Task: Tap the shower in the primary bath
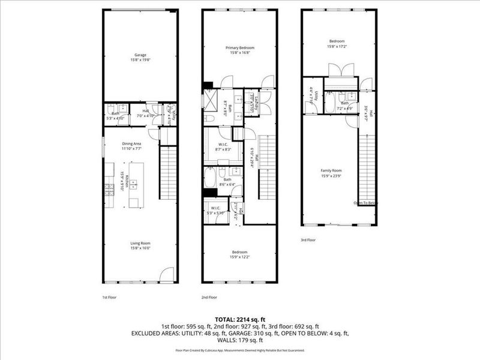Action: (x=211, y=99)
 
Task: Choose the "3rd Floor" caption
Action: (x=308, y=239)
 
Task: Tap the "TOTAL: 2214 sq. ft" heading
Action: (x=240, y=320)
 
